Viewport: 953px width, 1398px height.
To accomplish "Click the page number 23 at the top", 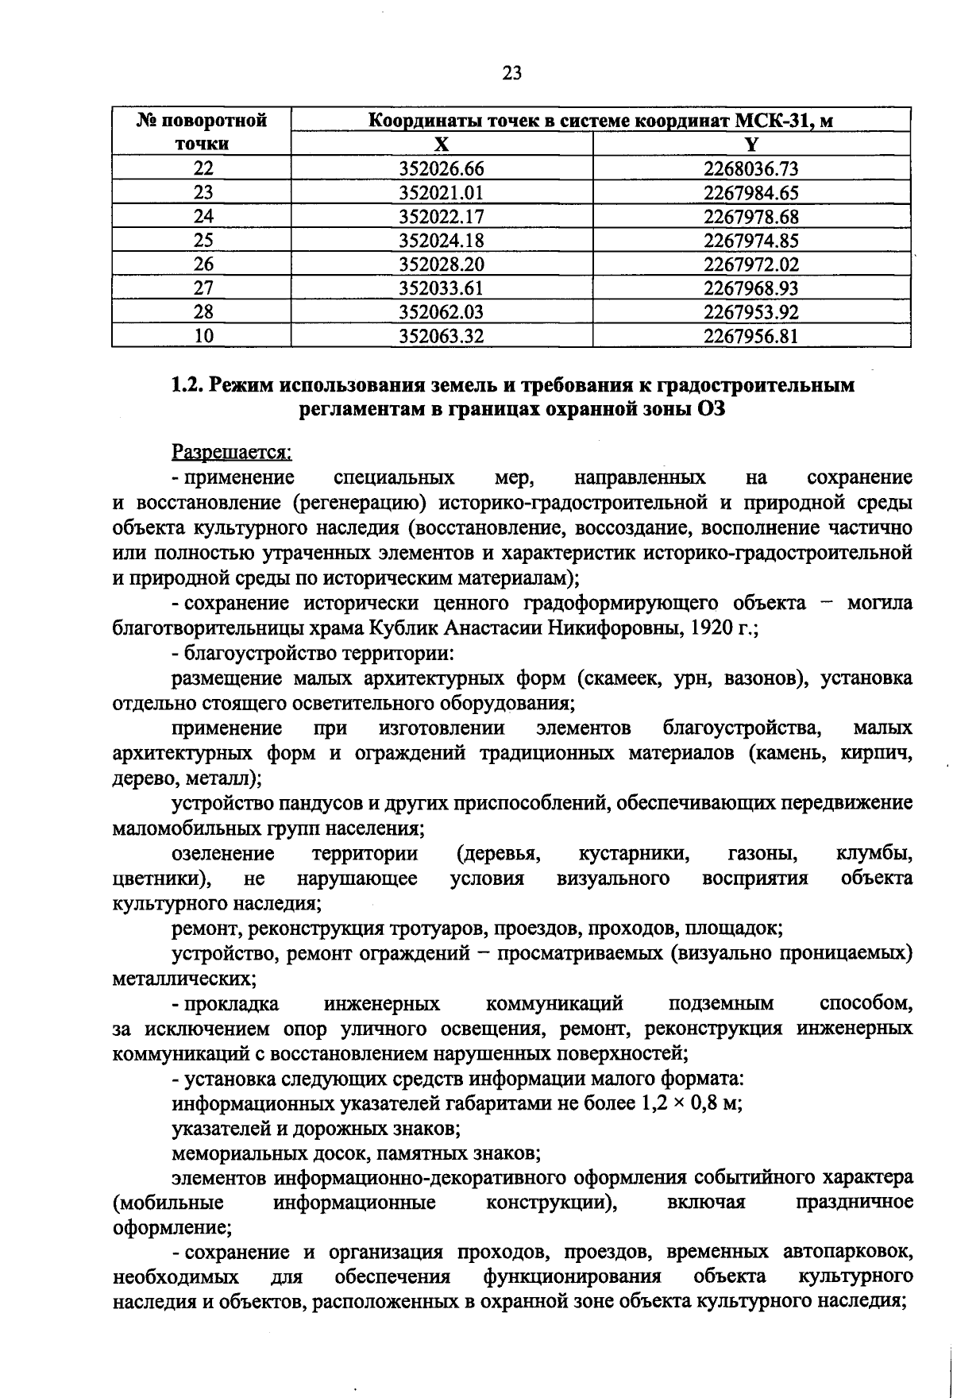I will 512,73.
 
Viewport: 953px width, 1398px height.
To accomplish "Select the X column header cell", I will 442,144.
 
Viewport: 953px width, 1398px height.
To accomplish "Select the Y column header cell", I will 750,144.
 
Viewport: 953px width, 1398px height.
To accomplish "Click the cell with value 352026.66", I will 442,168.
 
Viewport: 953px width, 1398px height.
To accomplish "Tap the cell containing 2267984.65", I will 750,192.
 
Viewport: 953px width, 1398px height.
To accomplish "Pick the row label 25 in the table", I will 203,240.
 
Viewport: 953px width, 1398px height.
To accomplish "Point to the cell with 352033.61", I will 442,288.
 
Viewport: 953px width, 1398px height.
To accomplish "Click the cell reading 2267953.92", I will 750,311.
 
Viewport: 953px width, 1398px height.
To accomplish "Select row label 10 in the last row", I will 203,335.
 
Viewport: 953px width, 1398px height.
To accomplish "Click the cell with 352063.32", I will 442,335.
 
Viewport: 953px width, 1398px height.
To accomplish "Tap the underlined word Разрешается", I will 232,452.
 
